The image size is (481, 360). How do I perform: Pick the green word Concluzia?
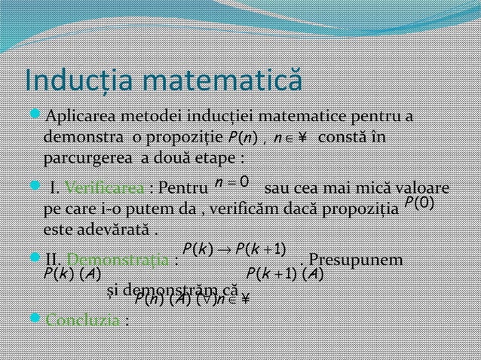click(x=84, y=319)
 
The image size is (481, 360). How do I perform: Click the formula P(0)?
click(x=419, y=203)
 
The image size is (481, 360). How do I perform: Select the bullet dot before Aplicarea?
click(x=35, y=117)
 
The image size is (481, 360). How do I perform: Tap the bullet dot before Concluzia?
click(x=35, y=319)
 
